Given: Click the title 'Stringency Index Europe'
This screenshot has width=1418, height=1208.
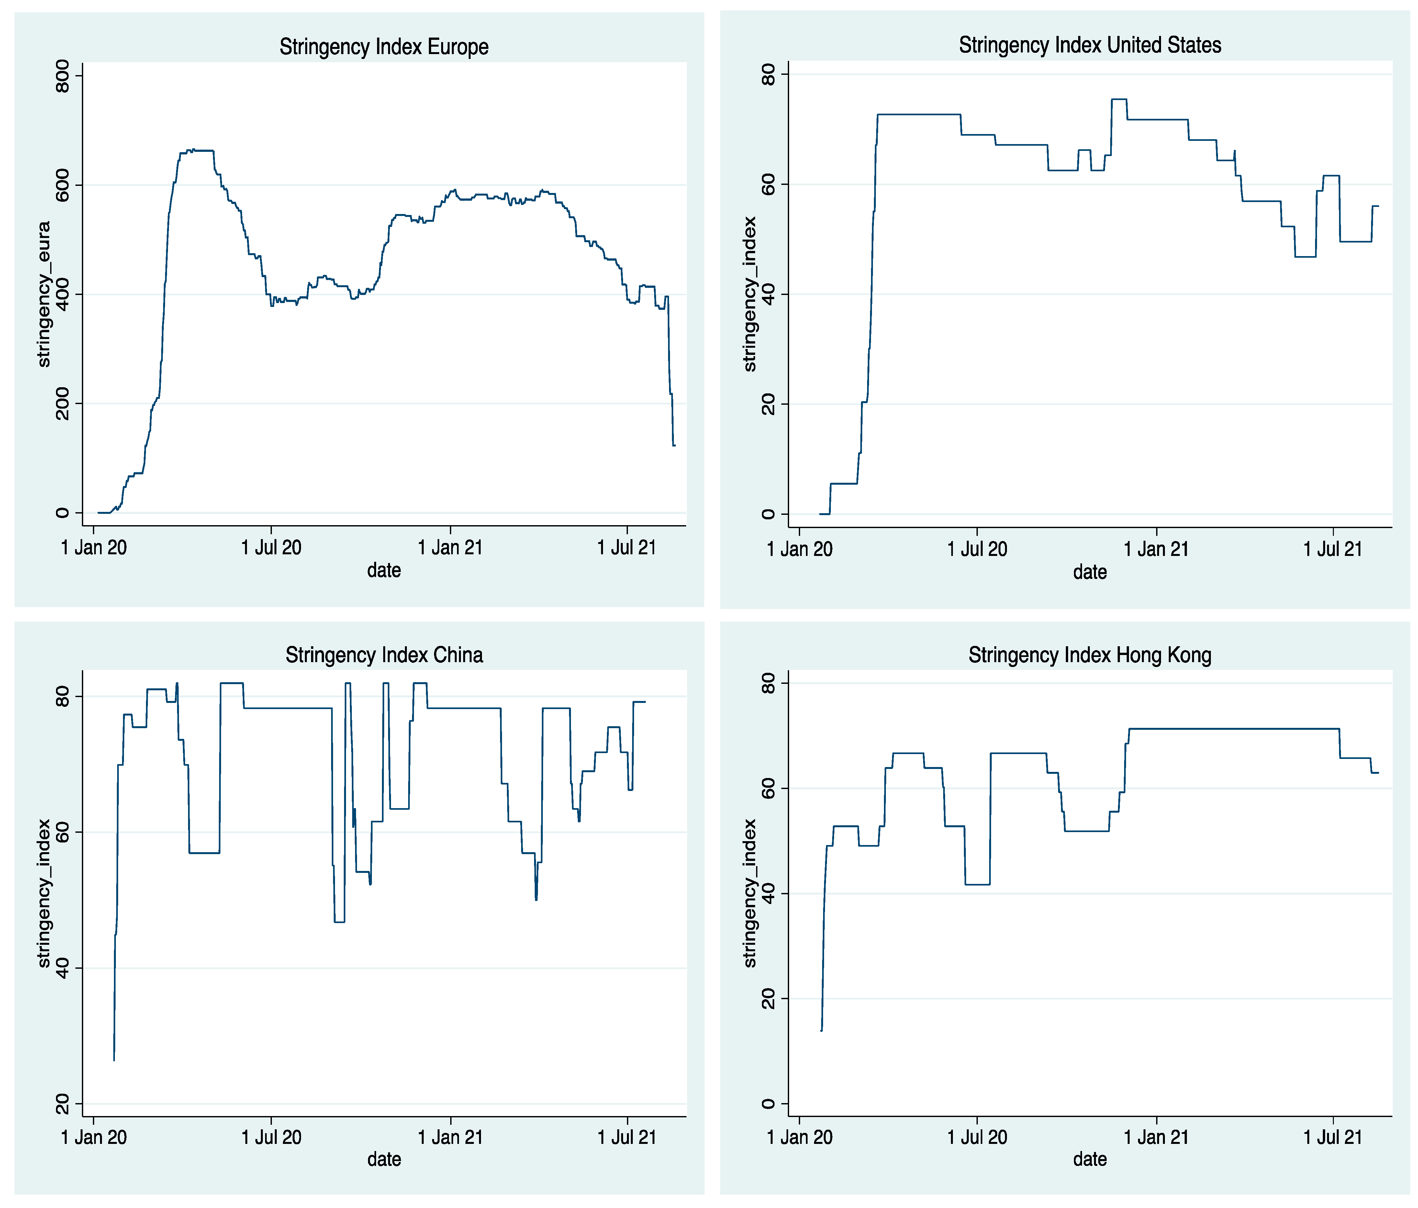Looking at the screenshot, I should coord(384,47).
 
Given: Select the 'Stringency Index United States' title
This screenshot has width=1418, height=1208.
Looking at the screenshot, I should coord(1089,45).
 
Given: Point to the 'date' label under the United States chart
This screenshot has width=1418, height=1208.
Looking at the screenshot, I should coord(1089,572).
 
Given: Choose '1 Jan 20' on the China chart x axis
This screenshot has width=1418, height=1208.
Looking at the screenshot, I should coord(94,1137).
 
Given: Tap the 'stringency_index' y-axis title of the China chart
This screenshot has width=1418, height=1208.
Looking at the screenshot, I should coord(44,893).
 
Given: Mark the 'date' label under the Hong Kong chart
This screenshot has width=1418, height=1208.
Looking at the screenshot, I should coord(1089,1159).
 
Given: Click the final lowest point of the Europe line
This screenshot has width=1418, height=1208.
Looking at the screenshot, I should coord(674,446).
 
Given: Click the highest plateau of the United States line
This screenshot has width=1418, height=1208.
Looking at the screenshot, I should coord(1118,99).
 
